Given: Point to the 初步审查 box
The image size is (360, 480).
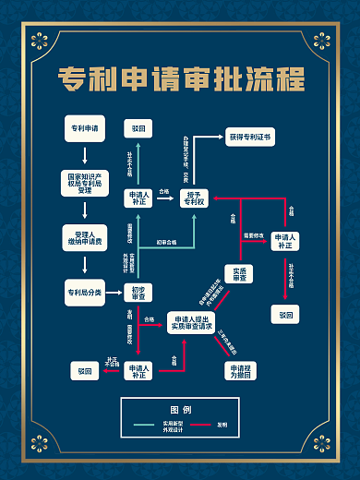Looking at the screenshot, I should pyautogui.click(x=138, y=293).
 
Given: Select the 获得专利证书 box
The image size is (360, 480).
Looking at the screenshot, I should pyautogui.click(x=249, y=137).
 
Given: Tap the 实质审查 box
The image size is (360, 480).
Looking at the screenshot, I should pyautogui.click(x=238, y=274).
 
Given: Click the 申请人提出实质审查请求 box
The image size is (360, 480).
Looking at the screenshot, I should pyautogui.click(x=190, y=323).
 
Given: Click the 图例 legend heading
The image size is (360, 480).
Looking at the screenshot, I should pyautogui.click(x=180, y=409).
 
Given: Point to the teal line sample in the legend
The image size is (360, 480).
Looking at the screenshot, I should pyautogui.click(x=156, y=425).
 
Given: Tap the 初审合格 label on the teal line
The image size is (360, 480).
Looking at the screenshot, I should pyautogui.click(x=167, y=242).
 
